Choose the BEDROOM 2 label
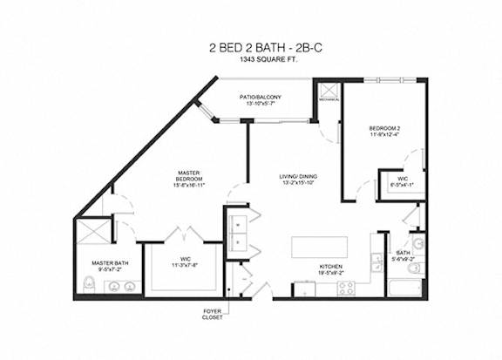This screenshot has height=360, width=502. coord(383,128)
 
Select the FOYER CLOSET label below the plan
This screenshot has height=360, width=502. coord(212,314)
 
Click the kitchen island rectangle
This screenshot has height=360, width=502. coord(319,246)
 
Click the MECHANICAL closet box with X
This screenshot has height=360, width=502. coord(329,93)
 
